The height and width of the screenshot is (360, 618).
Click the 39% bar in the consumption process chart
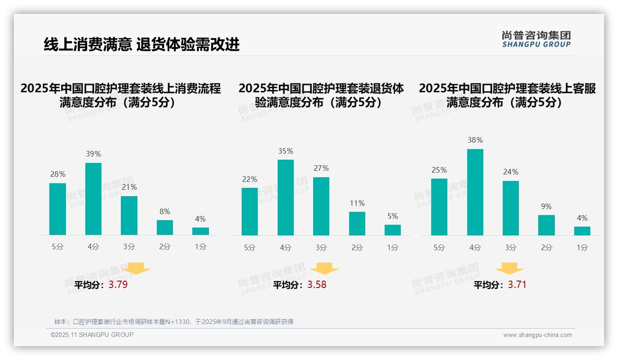tap(94, 199)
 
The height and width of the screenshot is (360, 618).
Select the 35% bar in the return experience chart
tap(285, 198)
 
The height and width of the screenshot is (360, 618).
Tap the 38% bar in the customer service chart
tap(475, 192)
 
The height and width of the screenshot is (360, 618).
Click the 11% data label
tap(357, 203)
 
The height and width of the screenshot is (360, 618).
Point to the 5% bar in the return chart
tap(392, 230)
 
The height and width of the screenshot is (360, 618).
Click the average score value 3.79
tap(118, 285)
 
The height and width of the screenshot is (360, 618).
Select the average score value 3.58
tap(317, 285)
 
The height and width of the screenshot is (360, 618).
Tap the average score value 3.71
tap(517, 285)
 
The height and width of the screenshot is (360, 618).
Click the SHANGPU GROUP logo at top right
tap(536, 39)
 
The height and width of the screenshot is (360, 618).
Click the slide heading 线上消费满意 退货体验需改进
tap(142, 45)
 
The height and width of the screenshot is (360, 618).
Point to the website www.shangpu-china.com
tap(537, 335)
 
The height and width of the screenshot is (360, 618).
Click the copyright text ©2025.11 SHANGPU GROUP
tap(92, 335)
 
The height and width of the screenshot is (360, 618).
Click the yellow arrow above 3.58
tap(324, 269)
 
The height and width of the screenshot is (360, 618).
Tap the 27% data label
tap(321, 168)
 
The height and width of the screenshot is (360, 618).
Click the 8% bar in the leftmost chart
tap(165, 228)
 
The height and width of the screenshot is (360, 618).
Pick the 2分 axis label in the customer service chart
tap(547, 247)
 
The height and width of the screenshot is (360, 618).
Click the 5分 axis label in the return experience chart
tap(250, 247)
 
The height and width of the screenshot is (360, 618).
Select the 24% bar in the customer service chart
tap(511, 208)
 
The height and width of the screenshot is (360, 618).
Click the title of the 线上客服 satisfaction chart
tap(507, 95)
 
